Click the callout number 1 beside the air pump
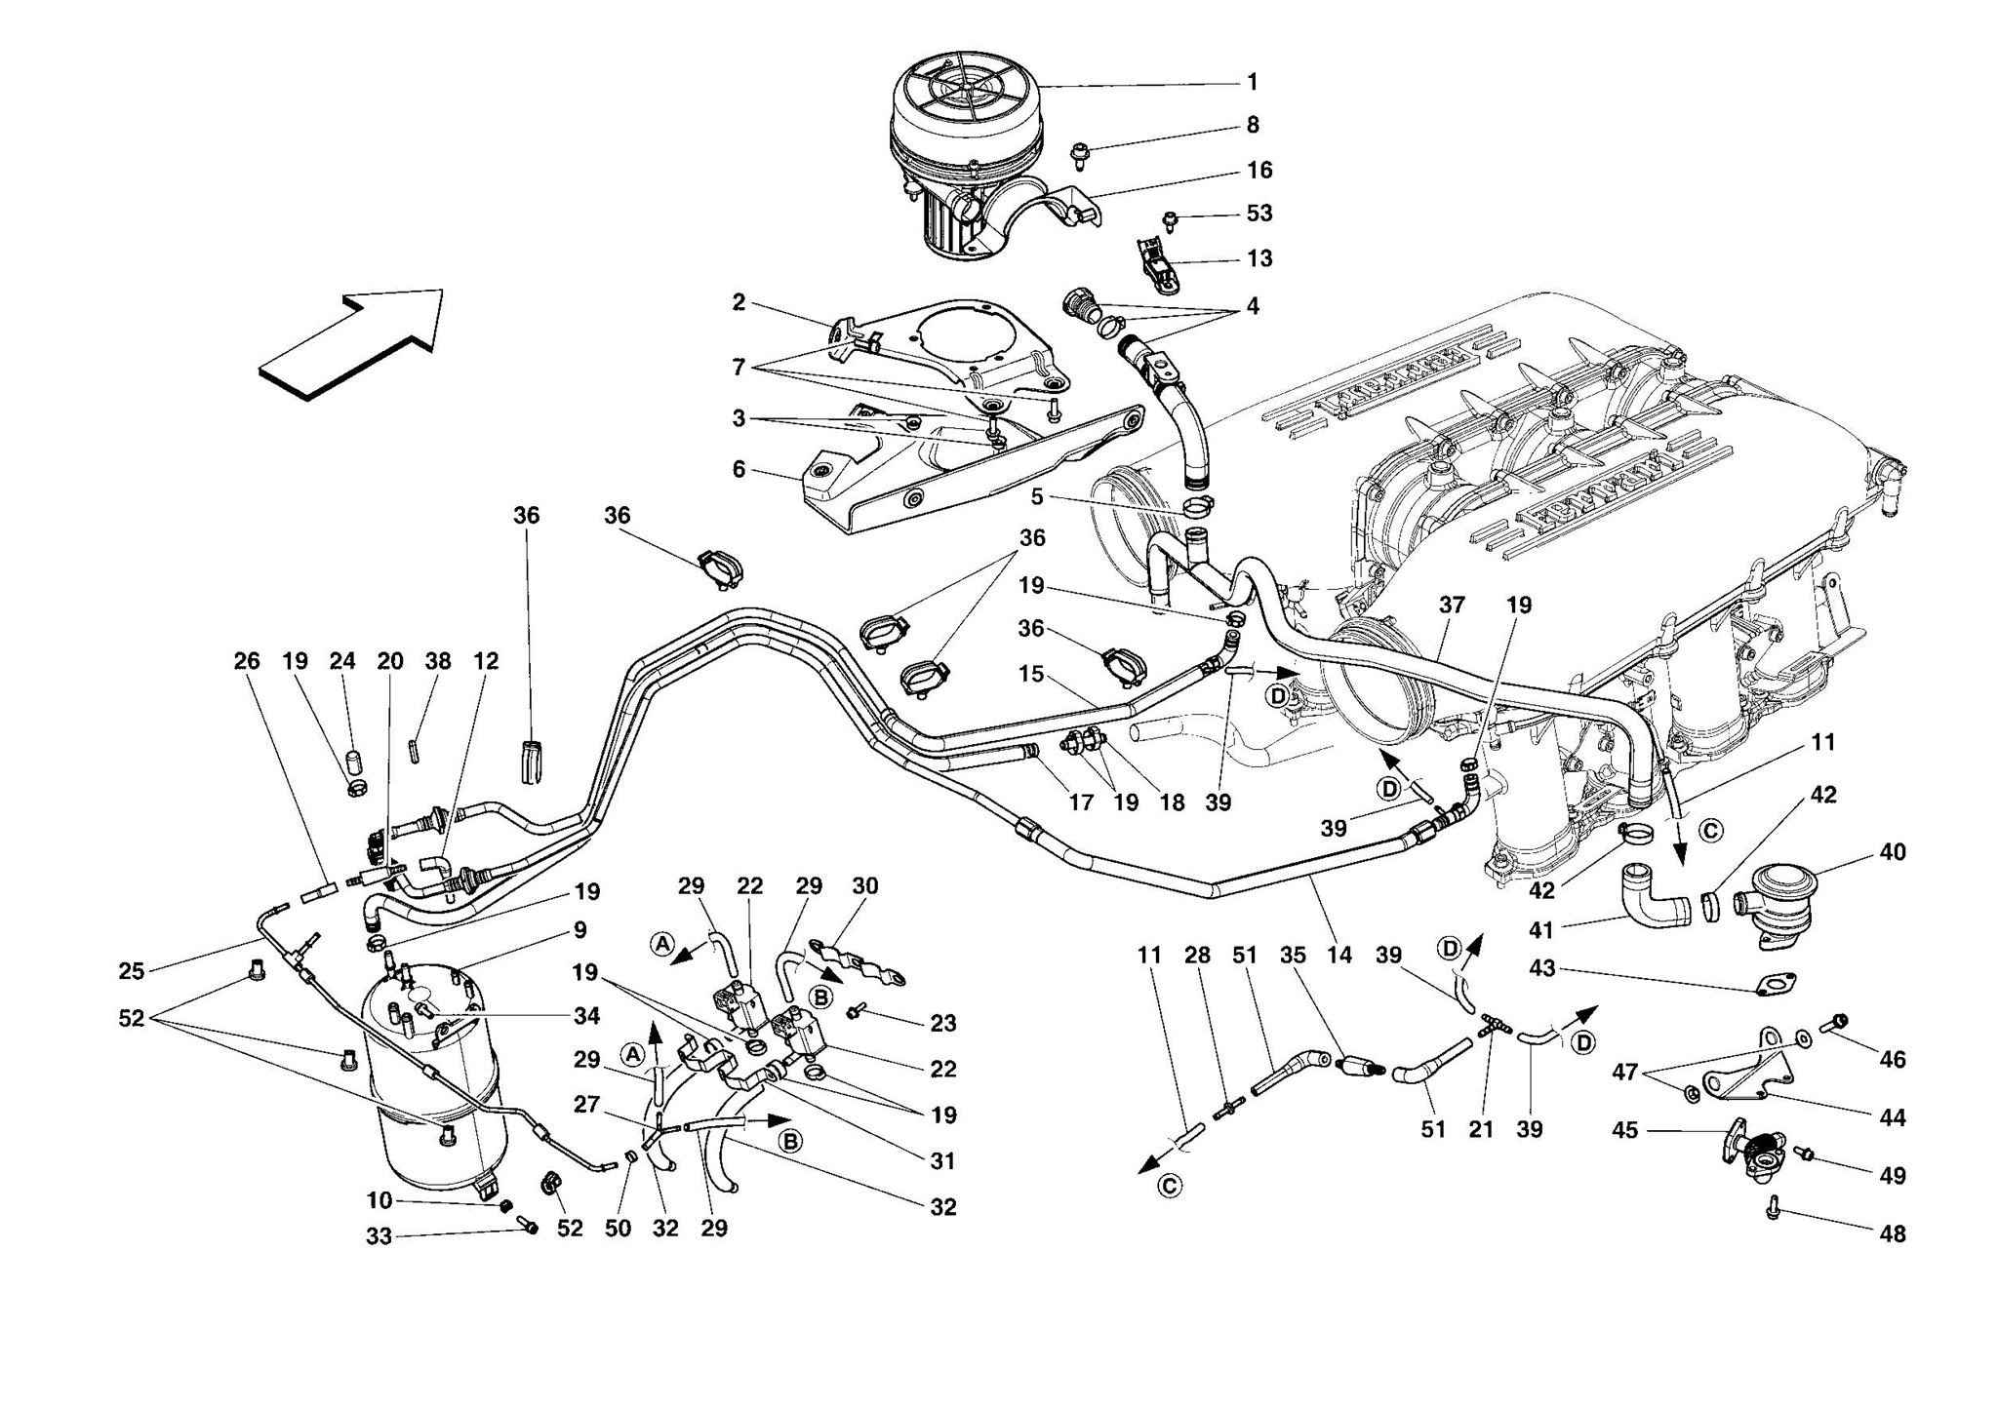(1253, 83)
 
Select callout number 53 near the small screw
(1259, 214)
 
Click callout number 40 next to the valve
(1892, 853)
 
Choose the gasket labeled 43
(1776, 985)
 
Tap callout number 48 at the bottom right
(1892, 1234)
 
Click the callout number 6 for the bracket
(739, 470)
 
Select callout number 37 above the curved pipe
(1452, 606)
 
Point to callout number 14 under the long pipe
(1339, 956)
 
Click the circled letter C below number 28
(1169, 1186)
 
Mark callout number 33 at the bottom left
(379, 1237)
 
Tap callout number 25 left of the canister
(132, 971)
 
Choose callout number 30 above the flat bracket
(865, 886)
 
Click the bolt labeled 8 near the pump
(1080, 153)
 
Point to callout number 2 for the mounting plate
(739, 303)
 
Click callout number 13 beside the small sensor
(1259, 259)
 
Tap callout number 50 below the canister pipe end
(618, 1229)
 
